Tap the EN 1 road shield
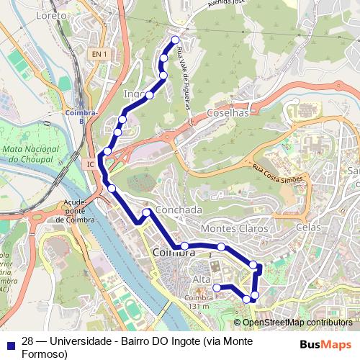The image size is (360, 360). click(99, 54)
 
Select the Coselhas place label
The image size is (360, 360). click(228, 113)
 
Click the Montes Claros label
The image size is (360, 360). click(234, 228)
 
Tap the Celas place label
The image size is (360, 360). click(307, 228)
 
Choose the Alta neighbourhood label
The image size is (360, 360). click(202, 279)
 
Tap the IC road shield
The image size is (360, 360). click(91, 164)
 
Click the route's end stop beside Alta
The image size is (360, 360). click(216, 288)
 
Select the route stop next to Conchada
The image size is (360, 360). click(147, 212)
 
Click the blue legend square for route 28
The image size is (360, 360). click(11, 343)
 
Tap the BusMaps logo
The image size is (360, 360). click(325, 344)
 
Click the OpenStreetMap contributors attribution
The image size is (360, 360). click(296, 323)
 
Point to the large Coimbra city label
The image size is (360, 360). click(174, 253)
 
